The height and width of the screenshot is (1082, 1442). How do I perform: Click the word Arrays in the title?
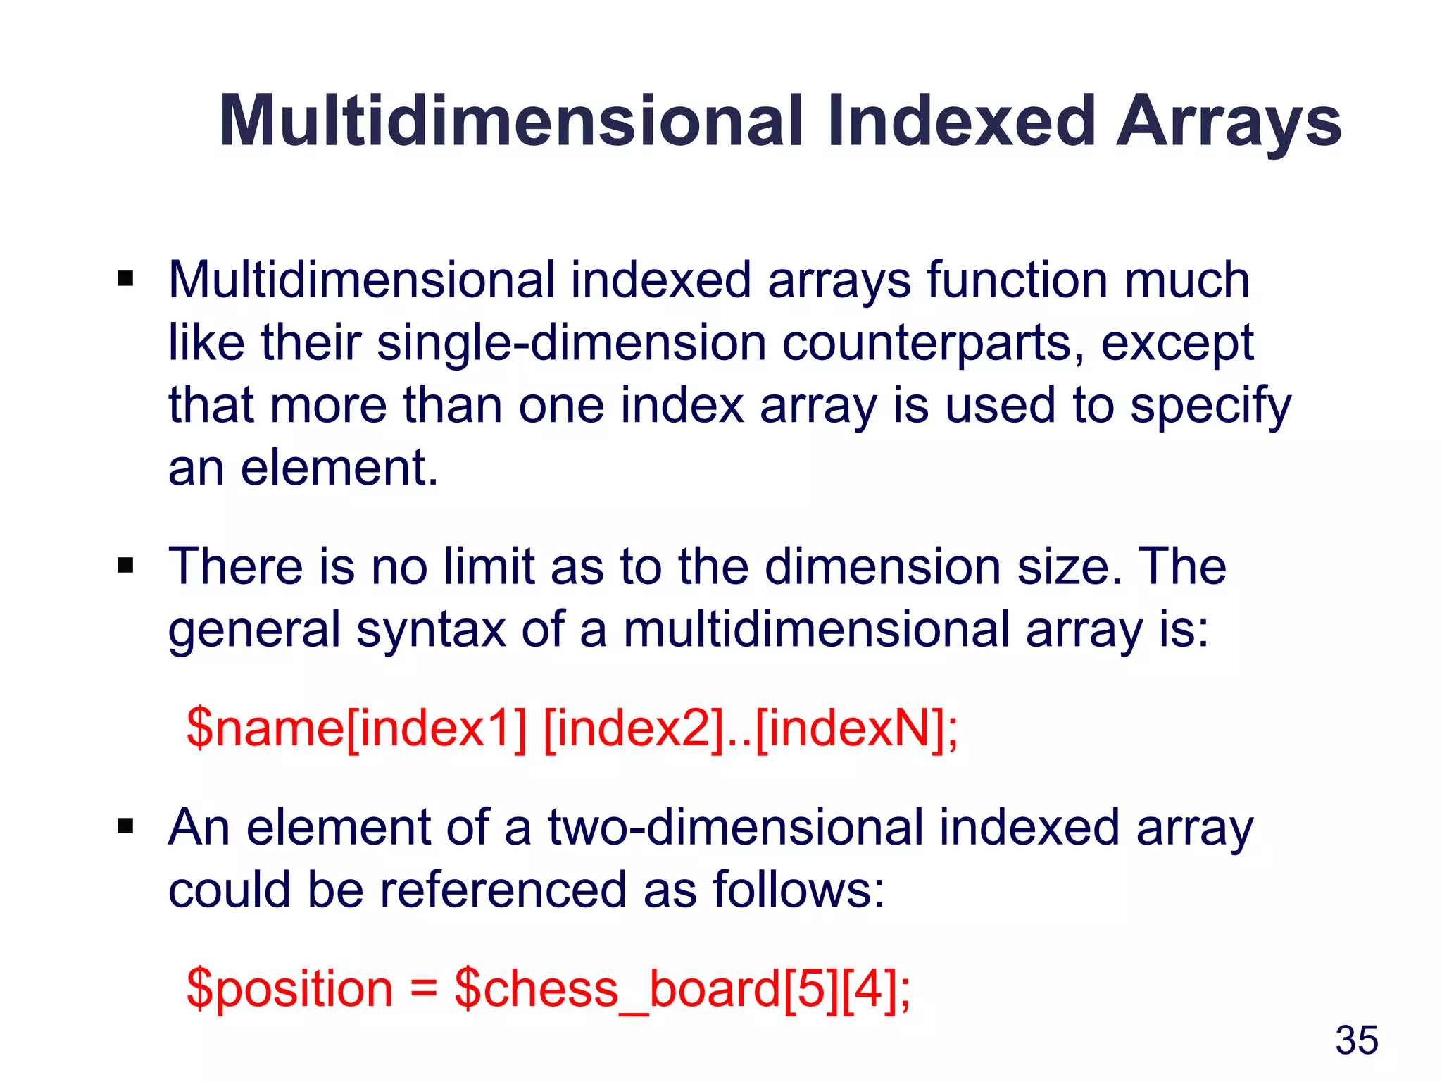pyautogui.click(x=1228, y=123)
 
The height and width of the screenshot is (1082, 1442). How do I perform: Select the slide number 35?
pyautogui.click(x=1356, y=1040)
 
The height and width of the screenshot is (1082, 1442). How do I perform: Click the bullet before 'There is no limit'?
pyautogui.click(x=126, y=566)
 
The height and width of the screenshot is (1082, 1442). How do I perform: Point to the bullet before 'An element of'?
pyautogui.click(x=126, y=826)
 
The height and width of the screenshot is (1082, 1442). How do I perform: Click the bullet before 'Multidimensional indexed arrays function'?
pyautogui.click(x=126, y=279)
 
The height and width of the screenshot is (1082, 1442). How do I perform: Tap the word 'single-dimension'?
pyautogui.click(x=571, y=344)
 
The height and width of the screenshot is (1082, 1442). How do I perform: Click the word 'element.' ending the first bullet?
pyautogui.click(x=339, y=468)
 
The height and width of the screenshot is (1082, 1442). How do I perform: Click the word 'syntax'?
pyautogui.click(x=431, y=630)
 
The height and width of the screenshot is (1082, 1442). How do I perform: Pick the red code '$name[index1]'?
pyautogui.click(x=356, y=728)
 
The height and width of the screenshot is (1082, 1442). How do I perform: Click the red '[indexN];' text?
pyautogui.click(x=856, y=728)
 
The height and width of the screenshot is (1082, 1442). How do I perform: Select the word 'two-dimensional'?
pyautogui.click(x=735, y=826)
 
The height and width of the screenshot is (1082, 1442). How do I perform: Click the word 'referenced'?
pyautogui.click(x=503, y=889)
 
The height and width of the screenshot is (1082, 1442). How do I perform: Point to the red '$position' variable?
pyautogui.click(x=289, y=989)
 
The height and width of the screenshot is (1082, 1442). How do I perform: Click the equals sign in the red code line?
pyautogui.click(x=423, y=988)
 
